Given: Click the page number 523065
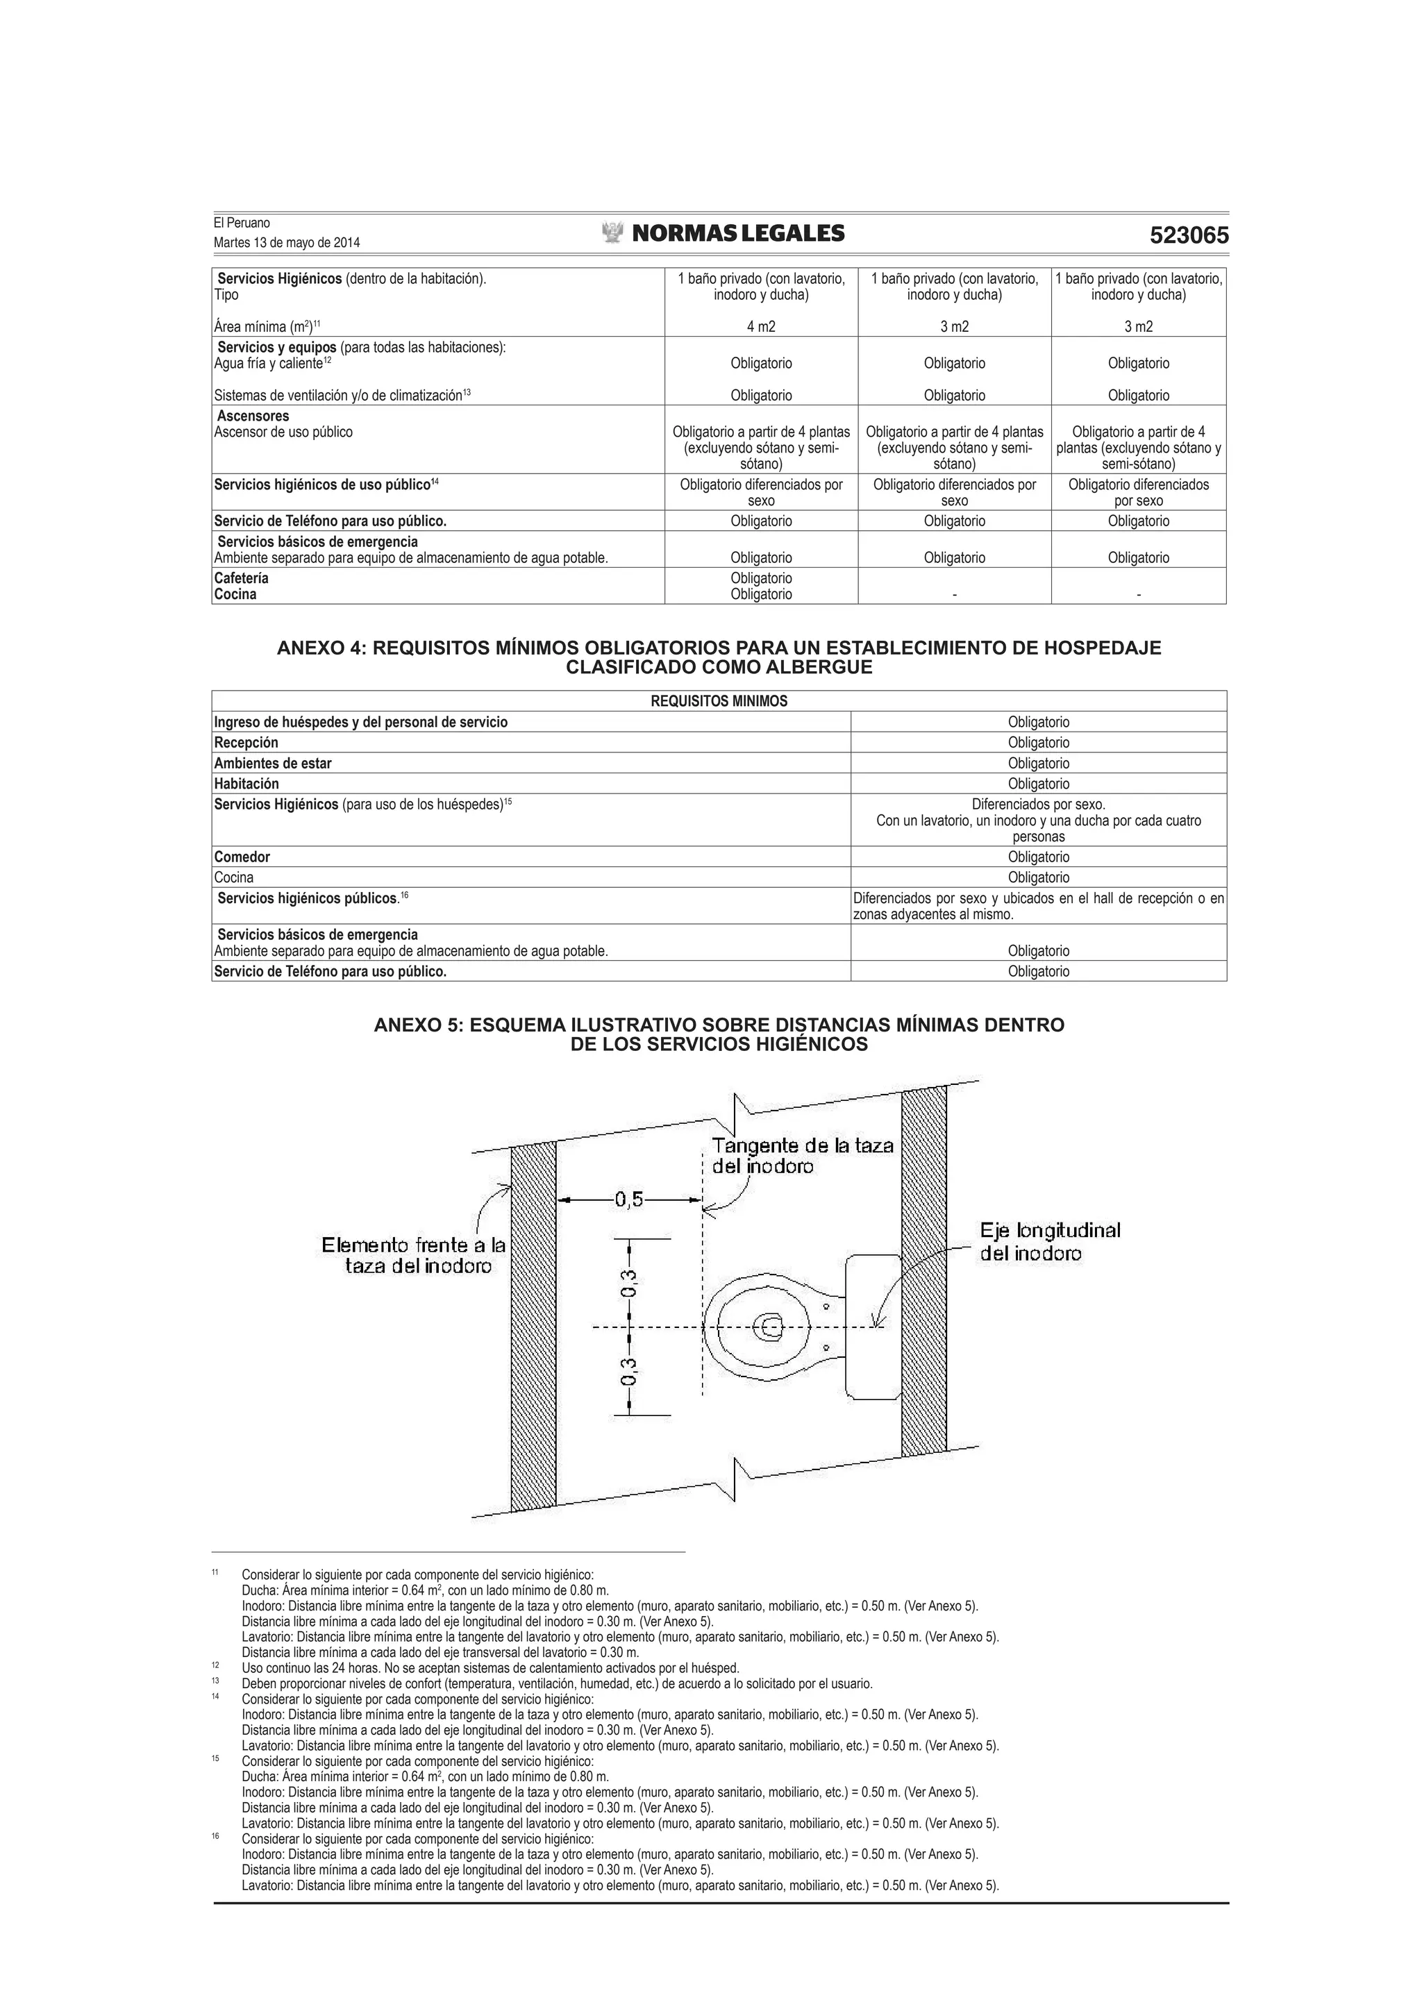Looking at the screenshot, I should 1188,235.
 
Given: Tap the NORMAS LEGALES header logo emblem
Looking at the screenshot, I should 612,233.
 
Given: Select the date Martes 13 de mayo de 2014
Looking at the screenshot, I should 287,243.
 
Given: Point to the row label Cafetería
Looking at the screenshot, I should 241,578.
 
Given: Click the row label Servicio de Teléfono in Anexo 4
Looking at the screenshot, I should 331,971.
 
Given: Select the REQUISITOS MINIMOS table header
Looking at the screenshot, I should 719,700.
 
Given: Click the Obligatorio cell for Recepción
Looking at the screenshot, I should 1038,743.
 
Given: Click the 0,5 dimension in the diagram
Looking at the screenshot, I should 628,1200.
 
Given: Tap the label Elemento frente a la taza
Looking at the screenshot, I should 414,1255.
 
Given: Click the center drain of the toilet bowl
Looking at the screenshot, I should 770,1328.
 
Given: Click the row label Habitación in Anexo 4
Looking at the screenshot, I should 246,784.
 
